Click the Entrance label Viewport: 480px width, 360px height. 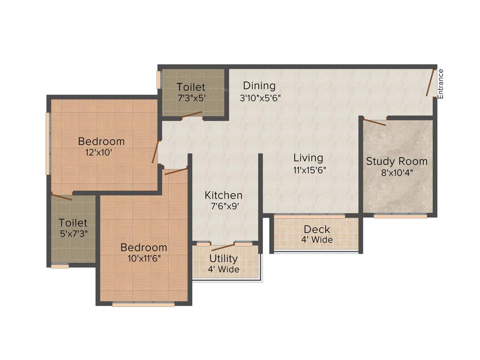coord(440,84)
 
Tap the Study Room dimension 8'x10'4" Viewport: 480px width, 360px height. coord(397,172)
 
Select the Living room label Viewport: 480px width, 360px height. coord(308,158)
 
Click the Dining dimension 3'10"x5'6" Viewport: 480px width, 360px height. coord(260,98)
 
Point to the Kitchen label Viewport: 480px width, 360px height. coord(224,195)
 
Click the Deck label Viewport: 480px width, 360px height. coord(317,230)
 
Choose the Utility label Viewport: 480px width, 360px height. coord(224,259)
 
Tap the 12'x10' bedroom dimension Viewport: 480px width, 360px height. coord(98,152)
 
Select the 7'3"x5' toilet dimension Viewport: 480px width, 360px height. coord(191,98)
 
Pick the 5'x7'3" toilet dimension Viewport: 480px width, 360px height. coord(73,233)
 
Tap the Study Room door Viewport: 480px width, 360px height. coord(375,122)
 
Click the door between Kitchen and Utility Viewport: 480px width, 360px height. coord(223,247)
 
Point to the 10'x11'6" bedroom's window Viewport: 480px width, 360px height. coord(143,304)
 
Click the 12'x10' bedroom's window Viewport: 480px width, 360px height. coord(47,143)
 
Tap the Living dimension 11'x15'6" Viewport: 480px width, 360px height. coord(309,170)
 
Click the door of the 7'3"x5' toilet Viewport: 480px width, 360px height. coord(192,114)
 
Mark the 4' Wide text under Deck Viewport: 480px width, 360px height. coord(317,240)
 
